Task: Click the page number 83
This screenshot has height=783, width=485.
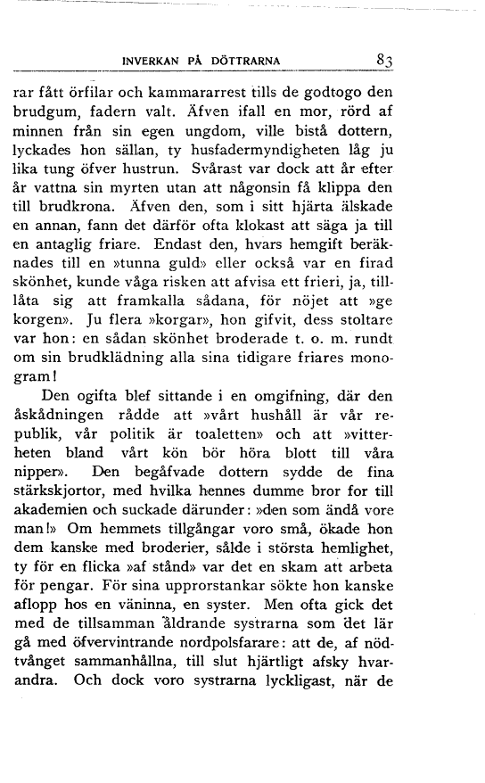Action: tap(385, 60)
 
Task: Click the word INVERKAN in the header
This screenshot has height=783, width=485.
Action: tap(152, 61)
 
